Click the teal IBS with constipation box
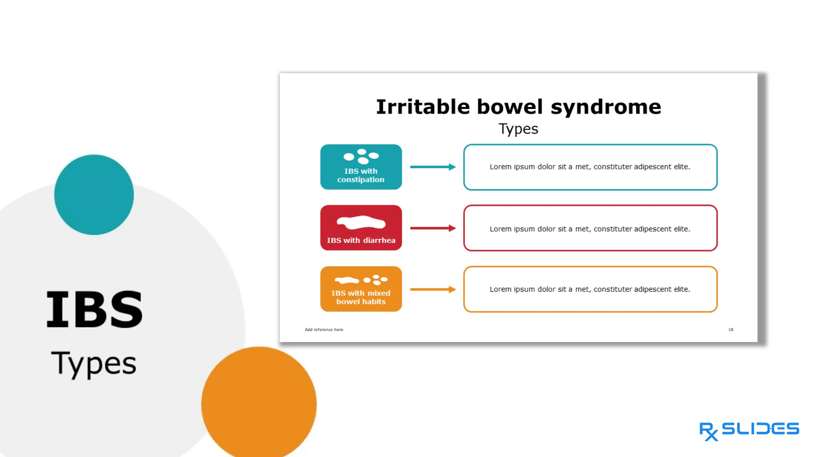point(361,167)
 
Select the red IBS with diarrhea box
point(361,228)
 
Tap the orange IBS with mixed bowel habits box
point(361,289)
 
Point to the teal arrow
point(433,167)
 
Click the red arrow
point(433,228)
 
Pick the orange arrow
point(433,289)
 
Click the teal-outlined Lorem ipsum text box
point(590,167)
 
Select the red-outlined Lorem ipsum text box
point(590,228)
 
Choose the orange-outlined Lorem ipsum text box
point(590,289)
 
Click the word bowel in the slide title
point(509,107)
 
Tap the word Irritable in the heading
point(423,107)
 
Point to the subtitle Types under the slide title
point(518,129)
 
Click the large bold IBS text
point(94,310)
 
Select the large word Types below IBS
point(93,364)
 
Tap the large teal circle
point(94,195)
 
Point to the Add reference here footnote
point(324,329)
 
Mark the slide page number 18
point(731,329)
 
